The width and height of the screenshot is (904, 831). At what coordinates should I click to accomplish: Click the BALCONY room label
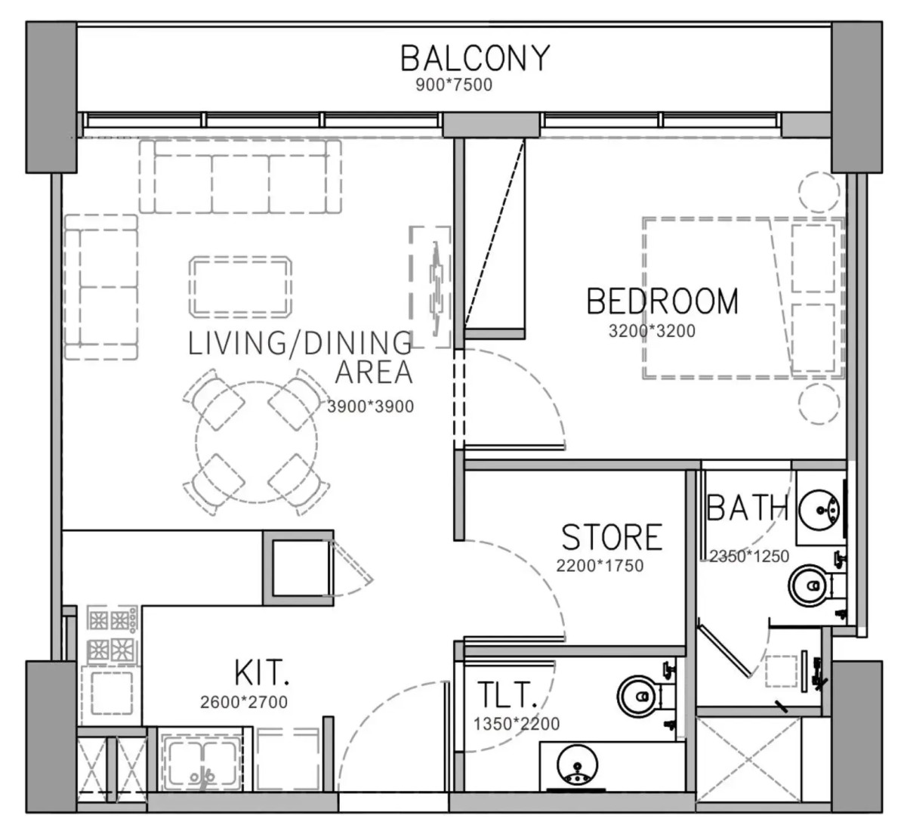pyautogui.click(x=475, y=58)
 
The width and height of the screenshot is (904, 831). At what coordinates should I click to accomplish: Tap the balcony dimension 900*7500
pyautogui.click(x=455, y=85)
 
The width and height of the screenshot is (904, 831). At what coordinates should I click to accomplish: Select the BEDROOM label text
pyautogui.click(x=662, y=301)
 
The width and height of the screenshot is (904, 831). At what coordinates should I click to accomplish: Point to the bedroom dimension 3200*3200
pyautogui.click(x=652, y=331)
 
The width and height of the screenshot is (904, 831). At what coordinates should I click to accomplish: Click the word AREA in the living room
pyautogui.click(x=374, y=372)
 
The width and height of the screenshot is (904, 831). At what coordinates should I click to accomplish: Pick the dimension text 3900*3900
pyautogui.click(x=371, y=406)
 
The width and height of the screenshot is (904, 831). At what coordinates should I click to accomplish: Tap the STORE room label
pyautogui.click(x=612, y=537)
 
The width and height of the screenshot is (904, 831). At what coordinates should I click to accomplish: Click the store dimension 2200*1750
pyautogui.click(x=600, y=566)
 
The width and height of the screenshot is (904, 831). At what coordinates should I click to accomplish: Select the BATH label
pyautogui.click(x=747, y=508)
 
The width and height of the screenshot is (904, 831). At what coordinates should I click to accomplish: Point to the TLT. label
pyautogui.click(x=508, y=695)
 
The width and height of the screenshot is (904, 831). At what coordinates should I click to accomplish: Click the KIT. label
pyautogui.click(x=261, y=672)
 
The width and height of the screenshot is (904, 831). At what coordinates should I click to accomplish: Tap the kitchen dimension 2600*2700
pyautogui.click(x=244, y=702)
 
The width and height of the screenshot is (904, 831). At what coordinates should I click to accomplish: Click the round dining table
pyautogui.click(x=256, y=442)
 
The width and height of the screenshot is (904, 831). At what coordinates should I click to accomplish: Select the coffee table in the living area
pyautogui.click(x=240, y=286)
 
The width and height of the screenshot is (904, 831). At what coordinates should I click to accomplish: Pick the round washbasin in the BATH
pyautogui.click(x=820, y=508)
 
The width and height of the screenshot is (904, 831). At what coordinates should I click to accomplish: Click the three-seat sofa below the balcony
pyautogui.click(x=240, y=177)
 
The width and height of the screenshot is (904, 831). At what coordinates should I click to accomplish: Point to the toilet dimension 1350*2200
pyautogui.click(x=517, y=723)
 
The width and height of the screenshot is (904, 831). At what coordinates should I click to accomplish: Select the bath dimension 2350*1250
pyautogui.click(x=749, y=556)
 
